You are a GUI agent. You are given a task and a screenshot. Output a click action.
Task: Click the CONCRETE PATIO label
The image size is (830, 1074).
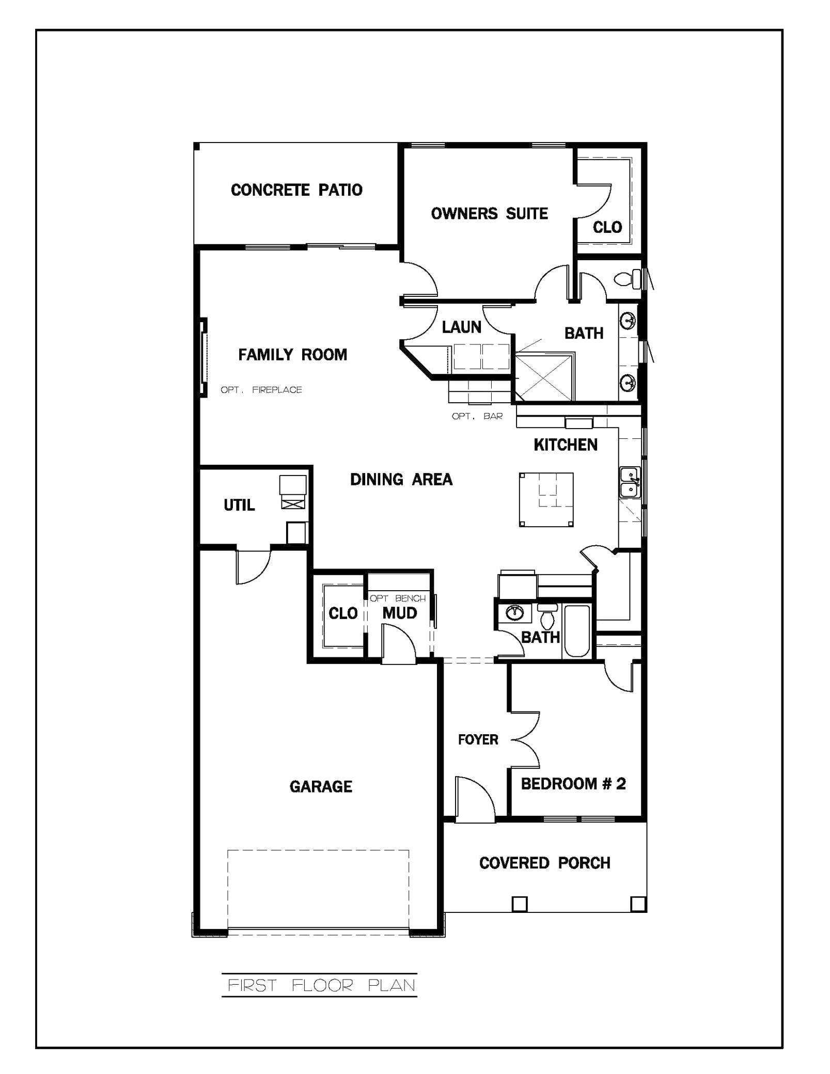[296, 190]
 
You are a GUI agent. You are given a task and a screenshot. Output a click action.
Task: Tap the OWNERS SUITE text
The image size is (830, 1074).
[489, 213]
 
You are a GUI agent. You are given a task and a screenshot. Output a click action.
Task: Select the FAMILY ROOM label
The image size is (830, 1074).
[292, 355]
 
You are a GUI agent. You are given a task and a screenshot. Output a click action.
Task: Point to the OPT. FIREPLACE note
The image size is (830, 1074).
[261, 390]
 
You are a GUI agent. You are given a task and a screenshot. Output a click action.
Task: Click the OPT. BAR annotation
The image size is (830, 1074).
[477, 416]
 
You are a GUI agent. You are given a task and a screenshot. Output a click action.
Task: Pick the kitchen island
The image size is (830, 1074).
[546, 499]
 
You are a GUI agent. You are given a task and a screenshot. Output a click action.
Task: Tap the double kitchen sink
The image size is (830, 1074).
[630, 482]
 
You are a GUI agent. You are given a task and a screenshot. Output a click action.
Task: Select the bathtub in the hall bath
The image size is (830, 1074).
[577, 631]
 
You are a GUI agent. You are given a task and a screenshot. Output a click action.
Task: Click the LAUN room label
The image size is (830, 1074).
[462, 327]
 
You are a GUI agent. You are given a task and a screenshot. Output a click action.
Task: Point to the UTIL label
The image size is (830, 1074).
[239, 505]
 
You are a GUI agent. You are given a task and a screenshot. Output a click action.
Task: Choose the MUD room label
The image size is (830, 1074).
[400, 613]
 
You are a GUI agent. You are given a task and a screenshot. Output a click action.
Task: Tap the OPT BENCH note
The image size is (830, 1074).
[398, 598]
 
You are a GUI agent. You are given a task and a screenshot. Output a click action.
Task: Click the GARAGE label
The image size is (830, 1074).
[321, 786]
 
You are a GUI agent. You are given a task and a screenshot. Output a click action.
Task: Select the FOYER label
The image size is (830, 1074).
[478, 740]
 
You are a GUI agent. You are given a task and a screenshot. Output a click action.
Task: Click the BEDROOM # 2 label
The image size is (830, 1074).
[573, 784]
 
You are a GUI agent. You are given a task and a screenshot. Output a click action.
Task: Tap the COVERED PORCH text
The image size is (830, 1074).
[545, 863]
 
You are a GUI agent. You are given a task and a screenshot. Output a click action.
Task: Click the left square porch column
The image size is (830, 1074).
[519, 904]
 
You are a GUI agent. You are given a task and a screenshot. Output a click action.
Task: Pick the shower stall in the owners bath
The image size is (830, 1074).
[545, 377]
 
